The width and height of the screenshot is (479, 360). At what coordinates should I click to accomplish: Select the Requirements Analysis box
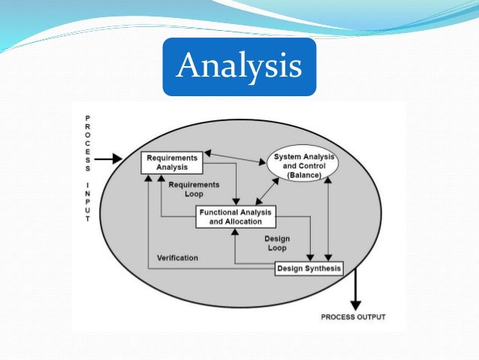click(172, 163)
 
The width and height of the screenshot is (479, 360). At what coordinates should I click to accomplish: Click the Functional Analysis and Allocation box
click(235, 216)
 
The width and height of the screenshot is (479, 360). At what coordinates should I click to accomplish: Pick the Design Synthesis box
click(309, 268)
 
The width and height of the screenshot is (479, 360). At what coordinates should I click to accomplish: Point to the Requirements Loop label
click(194, 189)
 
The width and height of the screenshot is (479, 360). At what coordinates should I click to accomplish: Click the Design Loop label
click(276, 243)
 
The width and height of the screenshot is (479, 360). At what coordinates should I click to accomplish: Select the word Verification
click(177, 258)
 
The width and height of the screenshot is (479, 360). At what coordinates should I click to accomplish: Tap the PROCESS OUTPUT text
click(353, 316)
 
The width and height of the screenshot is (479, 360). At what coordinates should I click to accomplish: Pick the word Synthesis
click(324, 268)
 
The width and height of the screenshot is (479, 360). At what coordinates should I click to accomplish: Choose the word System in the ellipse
click(285, 156)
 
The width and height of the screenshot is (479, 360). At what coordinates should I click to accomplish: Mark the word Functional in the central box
click(219, 212)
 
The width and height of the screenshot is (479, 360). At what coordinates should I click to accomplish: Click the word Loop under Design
click(276, 247)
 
